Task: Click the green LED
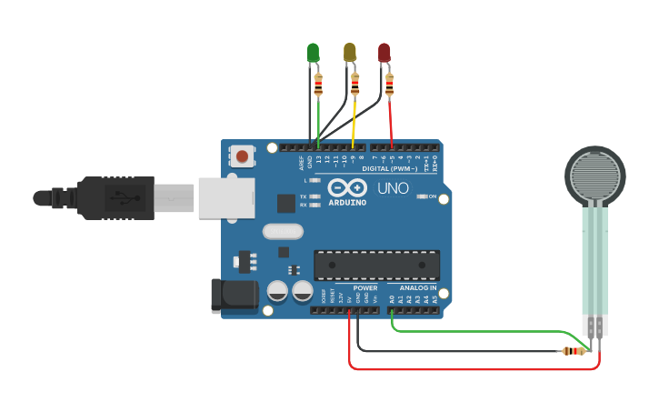pyautogui.click(x=314, y=53)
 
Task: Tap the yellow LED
pyautogui.click(x=350, y=53)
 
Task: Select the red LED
pyautogui.click(x=384, y=53)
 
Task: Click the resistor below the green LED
pyautogui.click(x=317, y=85)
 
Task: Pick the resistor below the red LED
pyautogui.click(x=390, y=85)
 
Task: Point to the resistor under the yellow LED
pyautogui.click(x=354, y=85)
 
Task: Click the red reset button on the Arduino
pyautogui.click(x=242, y=156)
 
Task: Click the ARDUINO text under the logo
pyautogui.click(x=347, y=202)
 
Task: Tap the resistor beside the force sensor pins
pyautogui.click(x=573, y=351)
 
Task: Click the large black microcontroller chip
pyautogui.click(x=376, y=265)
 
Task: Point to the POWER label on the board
pyautogui.click(x=365, y=288)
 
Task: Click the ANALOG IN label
pyautogui.click(x=418, y=288)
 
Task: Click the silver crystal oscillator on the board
pyautogui.click(x=283, y=231)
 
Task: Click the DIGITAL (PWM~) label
pyautogui.click(x=389, y=168)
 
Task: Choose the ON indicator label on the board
pyautogui.click(x=433, y=196)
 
